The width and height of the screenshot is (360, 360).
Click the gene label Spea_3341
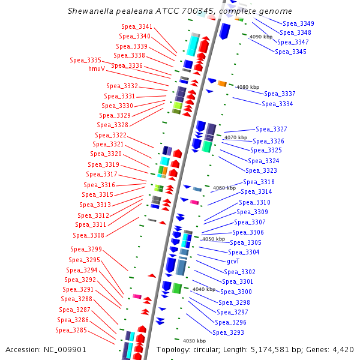pyautogui.click(x=137, y=27)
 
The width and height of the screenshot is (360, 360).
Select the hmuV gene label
pyautogui.click(x=97, y=68)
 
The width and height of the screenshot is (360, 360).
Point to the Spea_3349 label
pyautogui.click(x=299, y=23)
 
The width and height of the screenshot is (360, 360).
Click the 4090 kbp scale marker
pyautogui.click(x=260, y=37)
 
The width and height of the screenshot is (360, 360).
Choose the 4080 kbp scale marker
pyautogui.click(x=248, y=87)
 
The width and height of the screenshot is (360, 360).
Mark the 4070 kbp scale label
pyautogui.click(x=235, y=137)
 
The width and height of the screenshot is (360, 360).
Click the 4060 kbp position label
pyautogui.click(x=224, y=188)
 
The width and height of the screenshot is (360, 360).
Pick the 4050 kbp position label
pyautogui.click(x=212, y=239)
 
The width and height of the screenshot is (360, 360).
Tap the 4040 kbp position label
pyautogui.click(x=203, y=289)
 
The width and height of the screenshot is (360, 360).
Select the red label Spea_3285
pyautogui.click(x=71, y=330)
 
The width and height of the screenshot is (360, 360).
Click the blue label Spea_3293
pyautogui.click(x=229, y=332)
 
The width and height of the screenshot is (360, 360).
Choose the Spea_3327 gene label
pyautogui.click(x=271, y=129)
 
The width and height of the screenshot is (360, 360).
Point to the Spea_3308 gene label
pyautogui.click(x=89, y=235)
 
